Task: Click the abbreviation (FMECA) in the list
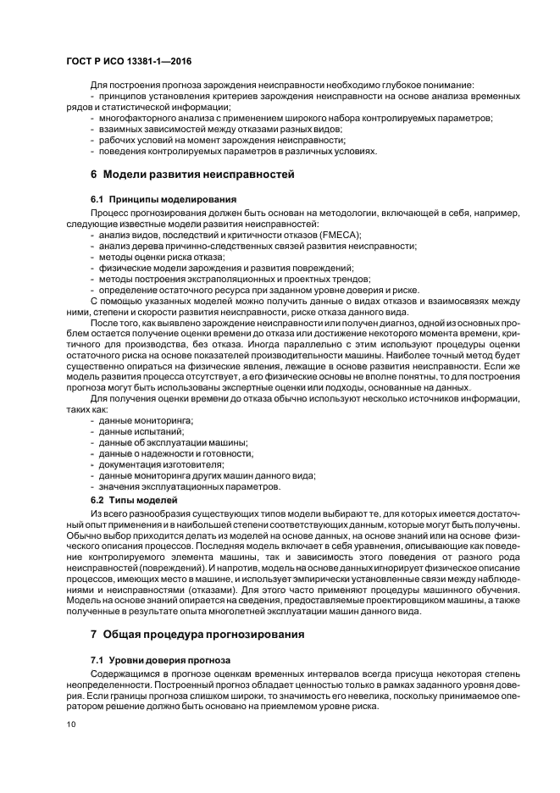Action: (x=339, y=234)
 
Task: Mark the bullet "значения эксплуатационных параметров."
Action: (x=189, y=487)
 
